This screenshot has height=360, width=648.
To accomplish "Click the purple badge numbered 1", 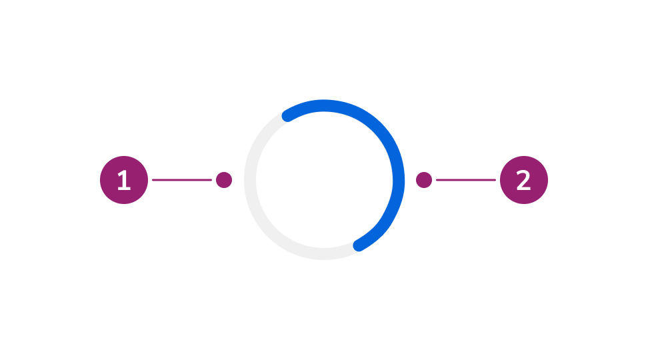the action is coord(124,180).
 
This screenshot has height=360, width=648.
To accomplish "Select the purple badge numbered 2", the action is coord(524,180).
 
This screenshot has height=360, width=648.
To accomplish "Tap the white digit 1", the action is coord(123,181).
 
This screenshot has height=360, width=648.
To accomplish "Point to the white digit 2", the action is coord(524,181).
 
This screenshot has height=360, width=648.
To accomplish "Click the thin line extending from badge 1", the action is coord(181,180).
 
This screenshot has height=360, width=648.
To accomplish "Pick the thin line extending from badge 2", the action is coord(465,180).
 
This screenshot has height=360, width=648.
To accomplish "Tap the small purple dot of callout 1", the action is coord(224,180).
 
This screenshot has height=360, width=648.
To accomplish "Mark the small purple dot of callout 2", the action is coord(424,180).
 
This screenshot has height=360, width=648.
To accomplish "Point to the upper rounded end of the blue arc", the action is coord(287,116).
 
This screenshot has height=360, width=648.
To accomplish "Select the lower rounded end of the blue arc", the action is coord(359,245).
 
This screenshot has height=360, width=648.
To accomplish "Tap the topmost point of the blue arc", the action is coord(324,105).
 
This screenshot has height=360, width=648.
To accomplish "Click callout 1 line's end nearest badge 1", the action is coord(153,180).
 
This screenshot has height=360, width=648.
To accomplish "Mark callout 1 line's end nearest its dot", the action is coord(211,180).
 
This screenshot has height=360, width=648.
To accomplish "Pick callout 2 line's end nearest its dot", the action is coord(437,180).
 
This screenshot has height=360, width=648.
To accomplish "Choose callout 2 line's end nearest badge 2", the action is coord(495,180).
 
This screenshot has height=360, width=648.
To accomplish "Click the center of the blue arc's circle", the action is coord(324,180).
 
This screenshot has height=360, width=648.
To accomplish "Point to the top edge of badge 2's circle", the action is coord(524,157).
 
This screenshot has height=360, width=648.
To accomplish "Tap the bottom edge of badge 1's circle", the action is coord(124,203).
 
